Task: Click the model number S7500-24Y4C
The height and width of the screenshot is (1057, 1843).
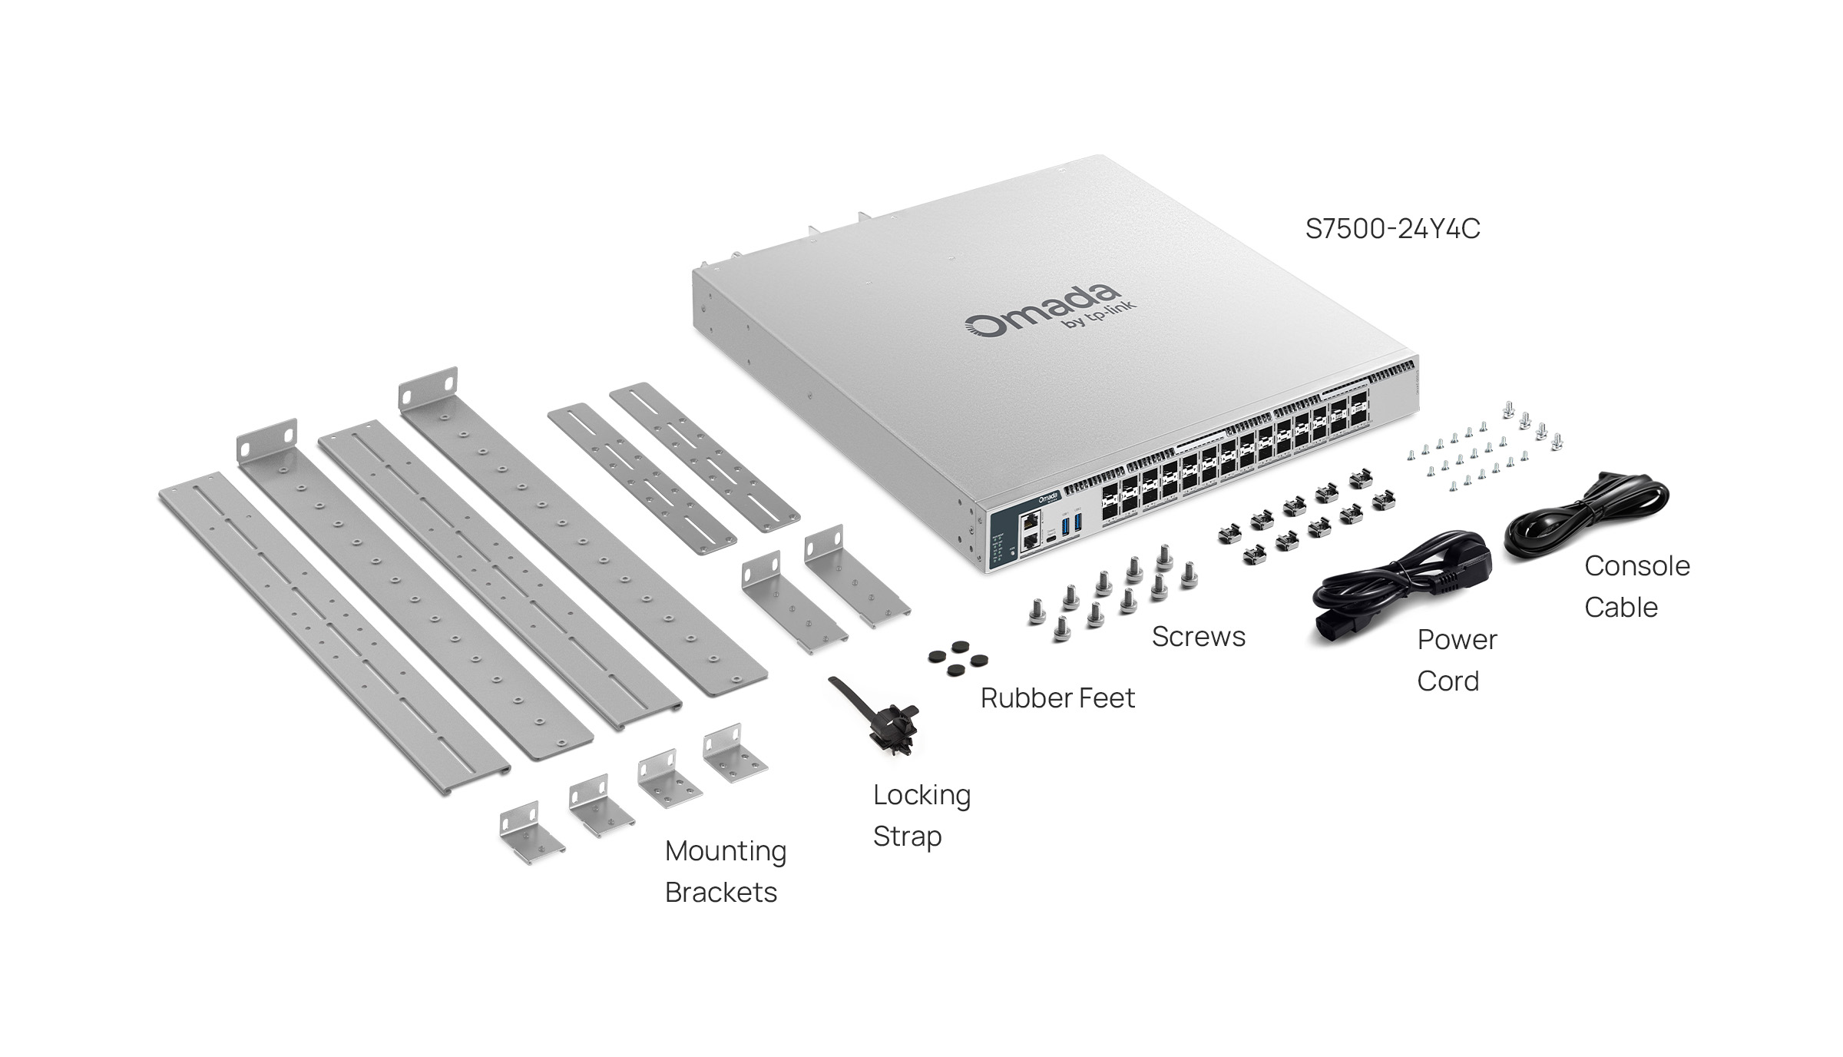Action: coord(1392,229)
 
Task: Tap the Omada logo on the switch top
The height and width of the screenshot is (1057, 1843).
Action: coord(1041,311)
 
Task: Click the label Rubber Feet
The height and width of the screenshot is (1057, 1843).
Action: coord(1057,698)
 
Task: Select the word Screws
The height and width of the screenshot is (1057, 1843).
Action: coord(1198,637)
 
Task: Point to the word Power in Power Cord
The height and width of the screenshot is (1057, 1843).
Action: coord(1457,640)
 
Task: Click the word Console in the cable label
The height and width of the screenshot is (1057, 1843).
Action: coord(1636,566)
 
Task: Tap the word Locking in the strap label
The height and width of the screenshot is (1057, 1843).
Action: coord(921,795)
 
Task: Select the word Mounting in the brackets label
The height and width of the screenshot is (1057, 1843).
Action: coord(726,851)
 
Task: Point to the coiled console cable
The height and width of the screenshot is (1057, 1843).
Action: coord(1586,515)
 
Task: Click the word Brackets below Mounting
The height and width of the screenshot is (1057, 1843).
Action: coord(720,893)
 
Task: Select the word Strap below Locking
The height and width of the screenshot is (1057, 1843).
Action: coord(907,837)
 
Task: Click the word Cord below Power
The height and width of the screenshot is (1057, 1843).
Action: coord(1448,681)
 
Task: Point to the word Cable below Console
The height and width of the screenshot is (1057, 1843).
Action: coord(1620,608)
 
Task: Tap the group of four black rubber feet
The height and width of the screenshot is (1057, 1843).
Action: coord(958,659)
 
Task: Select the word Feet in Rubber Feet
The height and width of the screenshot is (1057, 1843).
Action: coord(1107,698)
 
